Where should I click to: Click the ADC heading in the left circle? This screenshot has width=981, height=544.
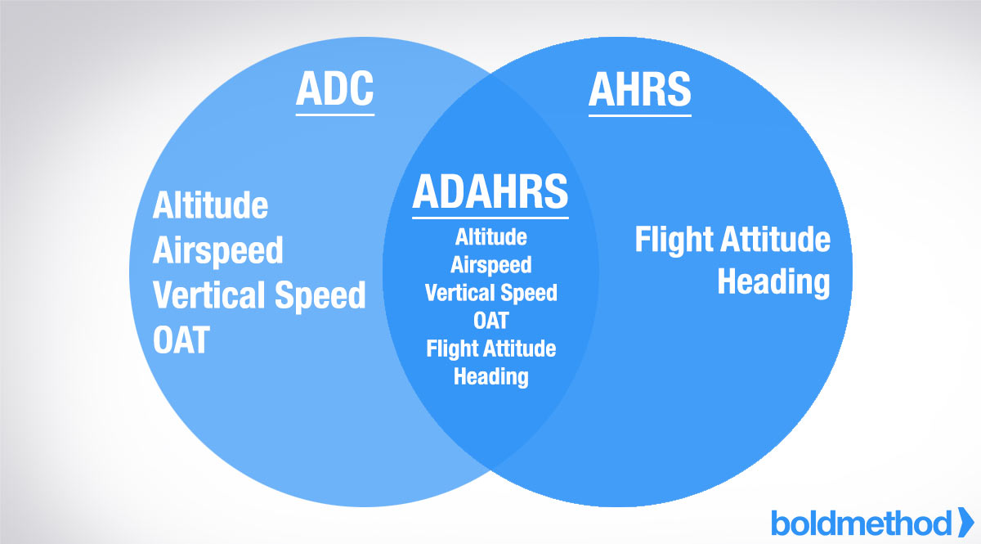click(334, 90)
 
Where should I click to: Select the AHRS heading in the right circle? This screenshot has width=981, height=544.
click(639, 90)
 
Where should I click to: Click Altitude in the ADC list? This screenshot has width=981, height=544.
click(210, 205)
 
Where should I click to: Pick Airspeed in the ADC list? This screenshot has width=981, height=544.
click(217, 250)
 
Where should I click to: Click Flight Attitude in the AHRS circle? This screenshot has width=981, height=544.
click(732, 240)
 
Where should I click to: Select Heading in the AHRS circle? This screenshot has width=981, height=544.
click(773, 282)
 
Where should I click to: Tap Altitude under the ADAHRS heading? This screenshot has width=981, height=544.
click(490, 237)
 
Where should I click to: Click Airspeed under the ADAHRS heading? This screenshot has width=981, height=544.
click(490, 265)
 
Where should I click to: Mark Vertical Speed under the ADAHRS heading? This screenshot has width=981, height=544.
click(490, 293)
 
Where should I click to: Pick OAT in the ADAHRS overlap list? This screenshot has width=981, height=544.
click(490, 320)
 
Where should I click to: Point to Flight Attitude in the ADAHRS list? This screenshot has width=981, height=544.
click(490, 348)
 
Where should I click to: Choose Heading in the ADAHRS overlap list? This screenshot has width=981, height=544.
click(490, 376)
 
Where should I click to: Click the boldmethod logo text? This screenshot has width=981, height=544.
click(861, 522)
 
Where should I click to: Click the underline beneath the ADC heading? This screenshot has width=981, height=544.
click(334, 114)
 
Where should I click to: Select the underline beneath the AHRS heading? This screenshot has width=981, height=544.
click(639, 114)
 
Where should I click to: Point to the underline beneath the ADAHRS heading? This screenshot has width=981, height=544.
click(490, 217)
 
